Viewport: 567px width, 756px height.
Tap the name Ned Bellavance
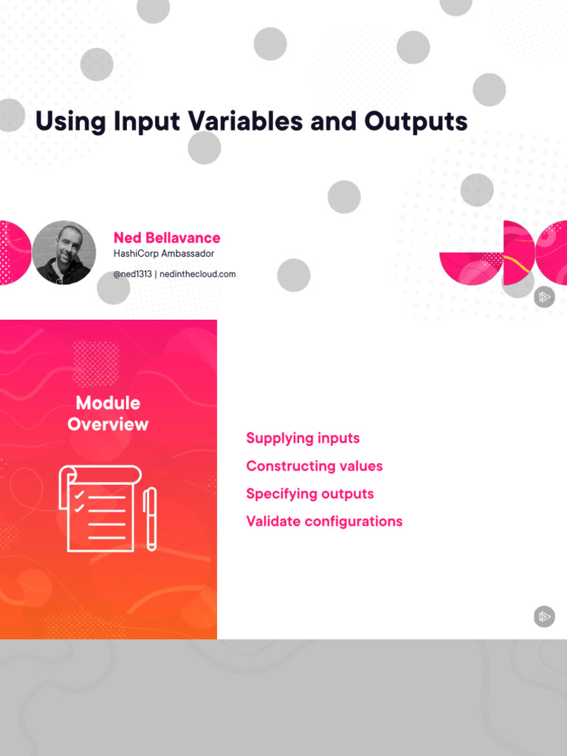coord(167,238)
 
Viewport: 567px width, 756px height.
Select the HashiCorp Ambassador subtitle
coord(163,254)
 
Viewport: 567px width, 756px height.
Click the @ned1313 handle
coord(132,274)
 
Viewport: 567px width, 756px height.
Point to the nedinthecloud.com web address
coord(197,274)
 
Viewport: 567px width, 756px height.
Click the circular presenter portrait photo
coord(64,252)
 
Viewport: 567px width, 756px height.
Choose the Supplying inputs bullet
coord(303,439)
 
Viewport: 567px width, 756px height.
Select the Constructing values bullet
coord(315,466)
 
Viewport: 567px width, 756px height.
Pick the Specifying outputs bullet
coord(310,494)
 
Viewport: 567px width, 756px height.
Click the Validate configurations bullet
coord(324,521)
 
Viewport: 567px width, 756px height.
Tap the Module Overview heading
coord(108,413)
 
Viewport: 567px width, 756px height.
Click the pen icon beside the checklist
coord(151,518)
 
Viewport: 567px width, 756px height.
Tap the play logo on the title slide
coord(544,297)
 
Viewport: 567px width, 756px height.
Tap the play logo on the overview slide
coord(544,616)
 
